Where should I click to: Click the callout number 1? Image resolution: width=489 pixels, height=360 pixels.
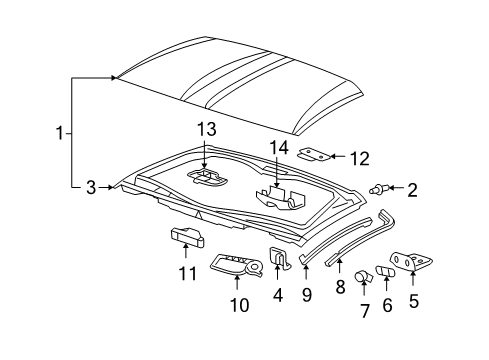click(x=59, y=131)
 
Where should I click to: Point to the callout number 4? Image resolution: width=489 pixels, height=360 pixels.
click(x=278, y=295)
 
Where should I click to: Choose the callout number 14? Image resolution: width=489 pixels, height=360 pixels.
click(x=277, y=148)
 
